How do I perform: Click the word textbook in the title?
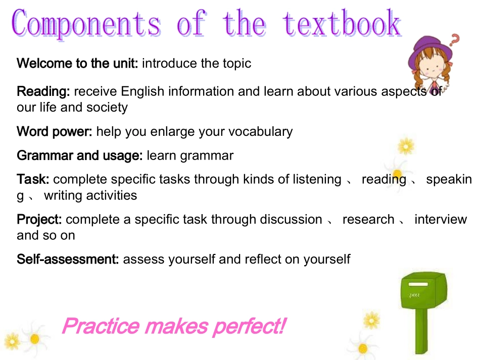[342, 24]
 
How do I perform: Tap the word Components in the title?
[86, 24]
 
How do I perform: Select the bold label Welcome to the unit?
[78, 64]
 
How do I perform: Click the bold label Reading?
[43, 92]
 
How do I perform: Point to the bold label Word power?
[55, 132]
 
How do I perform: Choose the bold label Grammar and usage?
[80, 156]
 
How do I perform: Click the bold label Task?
[33, 179]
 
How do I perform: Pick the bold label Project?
[39, 220]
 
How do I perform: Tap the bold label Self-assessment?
[68, 260]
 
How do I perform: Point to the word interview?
[441, 220]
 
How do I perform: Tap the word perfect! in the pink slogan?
[249, 326]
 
